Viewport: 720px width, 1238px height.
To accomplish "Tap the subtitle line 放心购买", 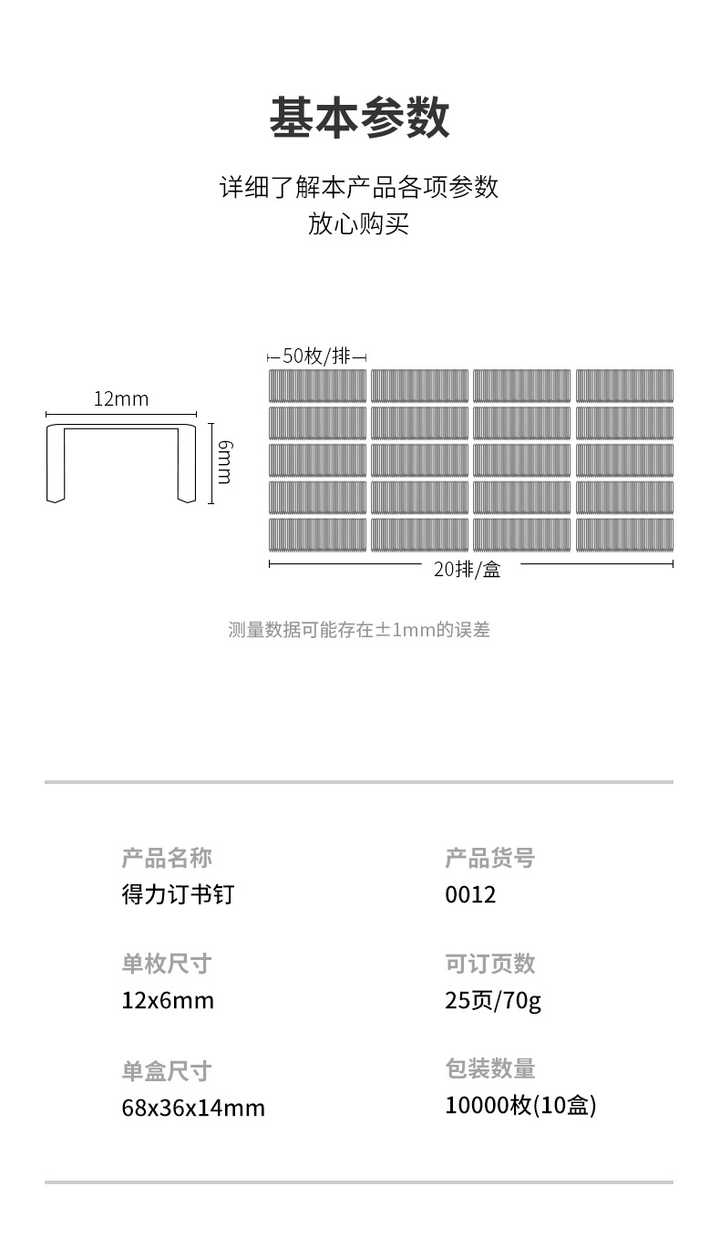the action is [x=358, y=223].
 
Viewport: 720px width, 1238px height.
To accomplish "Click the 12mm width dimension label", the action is [x=120, y=399].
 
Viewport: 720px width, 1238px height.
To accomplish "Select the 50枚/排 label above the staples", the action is [x=316, y=356].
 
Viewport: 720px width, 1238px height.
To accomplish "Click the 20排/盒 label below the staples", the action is [x=467, y=570].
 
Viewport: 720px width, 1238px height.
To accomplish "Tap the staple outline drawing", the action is [x=121, y=461].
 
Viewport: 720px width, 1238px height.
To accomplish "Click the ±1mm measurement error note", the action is [x=358, y=630].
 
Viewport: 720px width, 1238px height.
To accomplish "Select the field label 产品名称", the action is [x=167, y=858].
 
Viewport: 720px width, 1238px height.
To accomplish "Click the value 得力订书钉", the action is [x=178, y=894].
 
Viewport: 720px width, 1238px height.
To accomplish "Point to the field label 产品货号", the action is [x=489, y=858].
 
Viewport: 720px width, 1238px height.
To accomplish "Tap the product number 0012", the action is [x=470, y=894].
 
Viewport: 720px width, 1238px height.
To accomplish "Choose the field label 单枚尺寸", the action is [x=167, y=964].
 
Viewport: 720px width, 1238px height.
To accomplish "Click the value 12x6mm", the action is [x=168, y=1001].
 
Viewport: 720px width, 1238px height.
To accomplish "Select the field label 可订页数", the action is [x=489, y=964].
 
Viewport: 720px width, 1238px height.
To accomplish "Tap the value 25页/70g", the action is [x=493, y=1001].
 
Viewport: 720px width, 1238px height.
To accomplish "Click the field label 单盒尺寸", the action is [x=167, y=1070].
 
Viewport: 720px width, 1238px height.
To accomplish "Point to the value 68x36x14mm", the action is [x=193, y=1109].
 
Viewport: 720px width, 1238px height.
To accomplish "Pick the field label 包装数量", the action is [x=489, y=1068].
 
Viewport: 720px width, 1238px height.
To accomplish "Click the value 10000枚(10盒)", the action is [x=520, y=1106].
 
